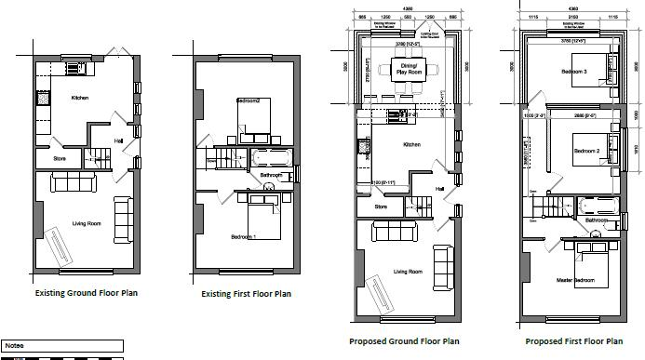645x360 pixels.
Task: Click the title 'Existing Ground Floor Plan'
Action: coord(86,293)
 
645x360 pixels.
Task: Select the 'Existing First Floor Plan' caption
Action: coord(247,293)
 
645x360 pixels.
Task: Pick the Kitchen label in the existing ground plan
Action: coord(83,97)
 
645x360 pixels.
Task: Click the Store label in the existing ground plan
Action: coord(60,158)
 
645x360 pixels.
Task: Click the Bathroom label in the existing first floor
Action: coord(271,175)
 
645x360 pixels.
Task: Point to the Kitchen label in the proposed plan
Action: coord(411,144)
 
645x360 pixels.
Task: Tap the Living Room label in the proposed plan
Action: coord(407,272)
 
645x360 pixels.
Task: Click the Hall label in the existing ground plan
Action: coord(118,140)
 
